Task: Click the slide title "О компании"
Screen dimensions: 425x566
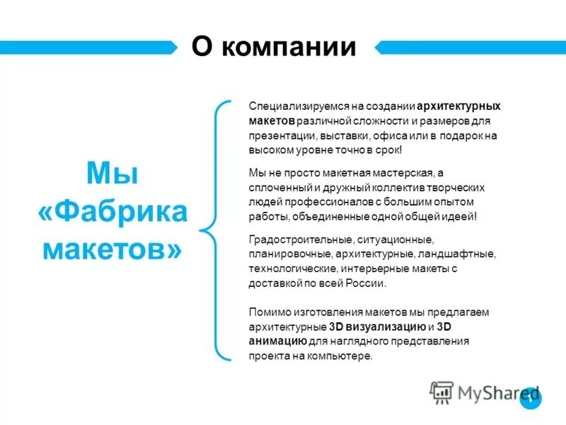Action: coord(273,47)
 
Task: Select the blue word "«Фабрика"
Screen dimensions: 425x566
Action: coord(111,212)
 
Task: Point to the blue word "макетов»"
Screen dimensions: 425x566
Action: coord(111,249)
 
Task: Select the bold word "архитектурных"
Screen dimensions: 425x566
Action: coord(459,106)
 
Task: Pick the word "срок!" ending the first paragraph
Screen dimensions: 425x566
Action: coord(388,150)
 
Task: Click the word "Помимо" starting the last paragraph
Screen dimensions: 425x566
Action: coord(267,312)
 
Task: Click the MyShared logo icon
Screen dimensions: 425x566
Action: coord(441,392)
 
